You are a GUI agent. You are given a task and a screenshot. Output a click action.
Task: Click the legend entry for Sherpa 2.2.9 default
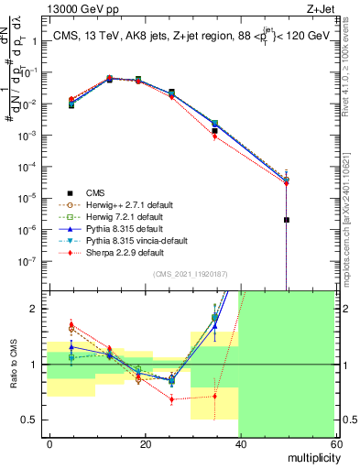99,252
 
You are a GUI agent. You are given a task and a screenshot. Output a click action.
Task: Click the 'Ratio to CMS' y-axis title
13,364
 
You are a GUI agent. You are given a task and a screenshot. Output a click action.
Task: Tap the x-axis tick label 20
146,444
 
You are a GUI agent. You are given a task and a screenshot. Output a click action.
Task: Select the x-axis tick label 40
241,444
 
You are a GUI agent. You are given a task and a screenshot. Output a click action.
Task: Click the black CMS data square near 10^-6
288,220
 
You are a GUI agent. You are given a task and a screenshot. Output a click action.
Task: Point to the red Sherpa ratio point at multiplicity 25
171,399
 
